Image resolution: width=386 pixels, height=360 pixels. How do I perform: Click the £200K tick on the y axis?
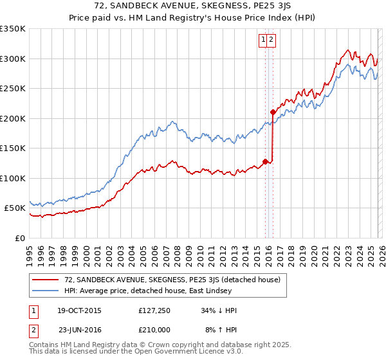coord(13,118)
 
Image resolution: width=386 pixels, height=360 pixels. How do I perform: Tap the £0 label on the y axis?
coord(19,239)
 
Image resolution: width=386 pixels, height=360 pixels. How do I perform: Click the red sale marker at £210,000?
coord(273,112)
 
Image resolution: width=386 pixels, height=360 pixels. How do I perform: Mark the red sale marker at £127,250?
coord(265,161)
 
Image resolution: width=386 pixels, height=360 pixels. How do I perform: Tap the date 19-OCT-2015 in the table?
coord(78,310)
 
